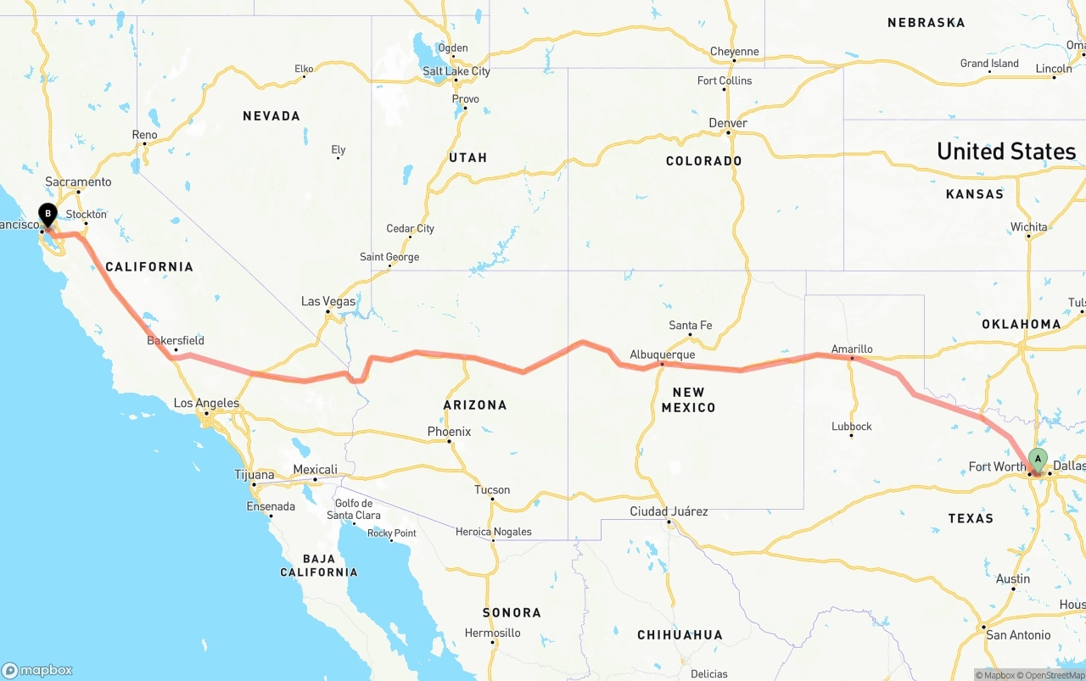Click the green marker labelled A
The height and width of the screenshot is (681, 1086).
[1038, 460]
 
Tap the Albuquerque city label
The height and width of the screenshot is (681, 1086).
[662, 354]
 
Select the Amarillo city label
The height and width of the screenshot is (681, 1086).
[852, 349]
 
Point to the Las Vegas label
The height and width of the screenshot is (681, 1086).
[328, 302]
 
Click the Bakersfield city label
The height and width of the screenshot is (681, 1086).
[176, 341]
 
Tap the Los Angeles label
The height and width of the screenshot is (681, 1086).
[206, 404]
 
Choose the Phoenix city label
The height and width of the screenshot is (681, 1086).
[449, 432]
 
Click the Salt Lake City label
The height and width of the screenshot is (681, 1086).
[456, 71]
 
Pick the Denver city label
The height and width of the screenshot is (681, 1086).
[728, 123]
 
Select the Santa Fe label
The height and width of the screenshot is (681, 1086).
[691, 326]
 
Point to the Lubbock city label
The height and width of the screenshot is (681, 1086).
[852, 427]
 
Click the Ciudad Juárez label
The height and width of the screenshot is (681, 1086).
[669, 511]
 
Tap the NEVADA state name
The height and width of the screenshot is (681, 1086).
[271, 116]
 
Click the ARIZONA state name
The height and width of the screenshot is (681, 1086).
[475, 405]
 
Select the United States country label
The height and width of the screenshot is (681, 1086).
[1006, 152]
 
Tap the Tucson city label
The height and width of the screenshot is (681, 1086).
[492, 489]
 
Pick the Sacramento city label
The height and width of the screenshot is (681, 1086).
[78, 181]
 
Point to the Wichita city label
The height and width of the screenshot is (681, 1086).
[1028, 227]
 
